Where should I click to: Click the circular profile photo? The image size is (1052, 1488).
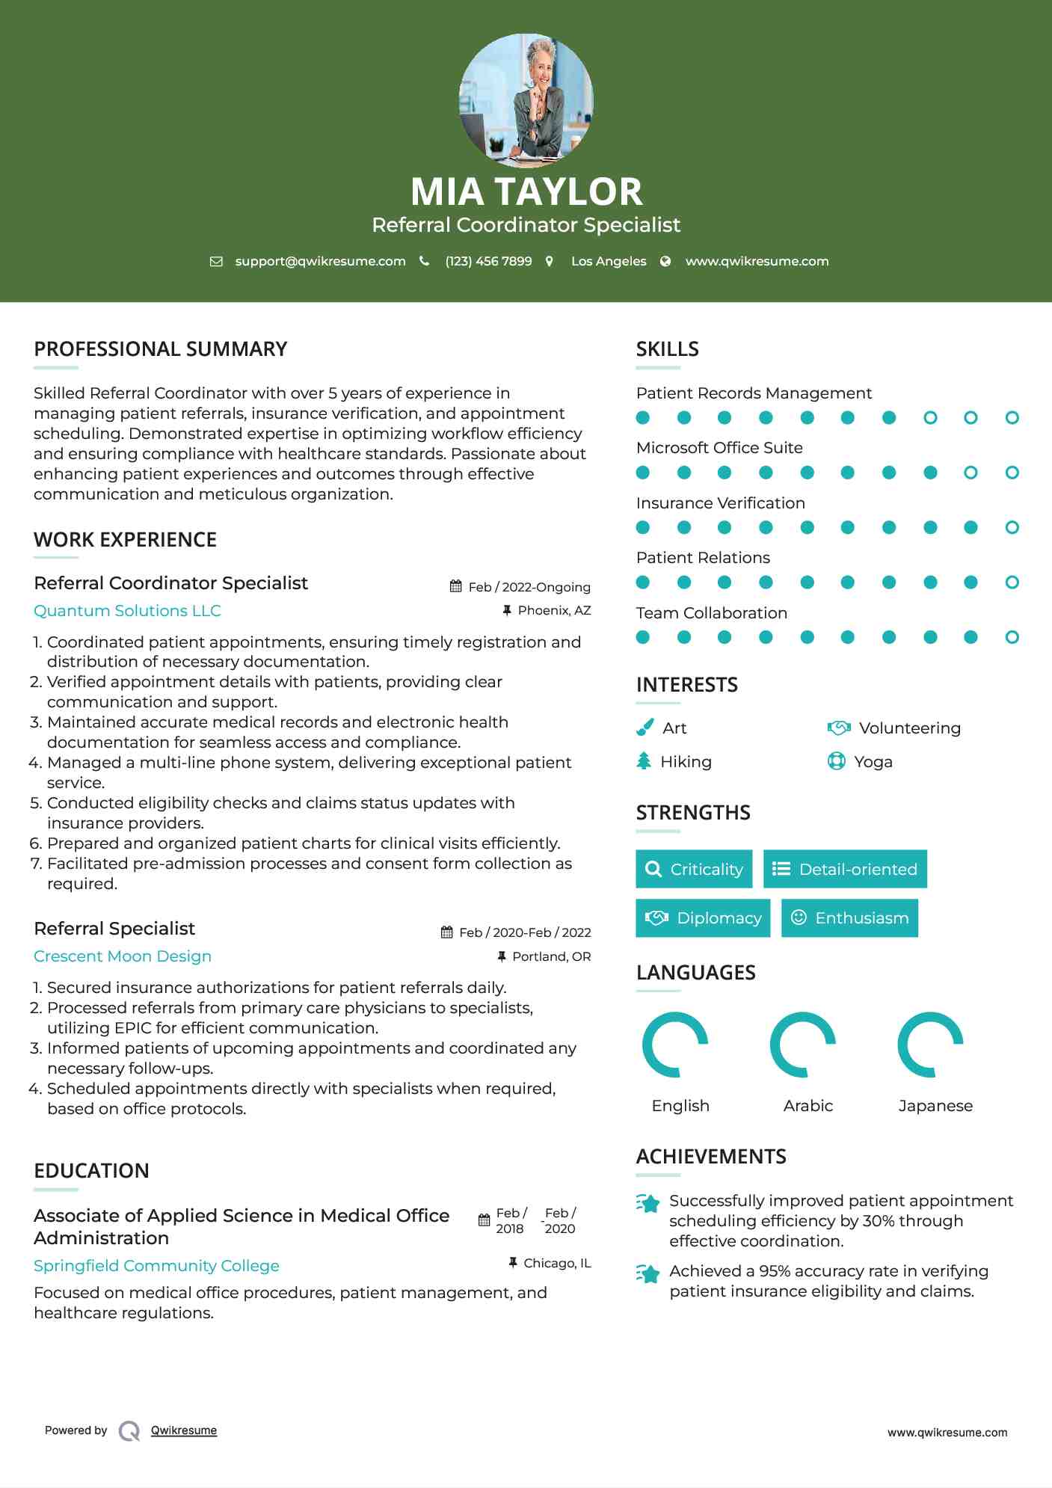tap(526, 100)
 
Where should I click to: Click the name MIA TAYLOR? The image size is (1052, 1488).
tap(526, 191)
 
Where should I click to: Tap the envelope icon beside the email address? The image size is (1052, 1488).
tap(216, 262)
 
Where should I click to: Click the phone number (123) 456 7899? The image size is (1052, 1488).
tap(488, 262)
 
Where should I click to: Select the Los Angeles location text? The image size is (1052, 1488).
tap(608, 262)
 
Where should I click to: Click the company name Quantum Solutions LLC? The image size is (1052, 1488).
tap(127, 611)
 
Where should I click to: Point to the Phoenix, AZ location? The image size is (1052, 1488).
tap(554, 611)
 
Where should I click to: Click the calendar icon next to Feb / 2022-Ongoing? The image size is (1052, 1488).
tap(455, 587)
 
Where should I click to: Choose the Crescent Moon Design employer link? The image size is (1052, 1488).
tap(123, 956)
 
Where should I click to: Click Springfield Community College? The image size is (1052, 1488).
tap(156, 1266)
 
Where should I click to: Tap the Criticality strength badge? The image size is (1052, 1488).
tap(694, 869)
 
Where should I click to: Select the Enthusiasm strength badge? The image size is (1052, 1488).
tap(849, 918)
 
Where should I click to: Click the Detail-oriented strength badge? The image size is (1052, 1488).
tap(845, 869)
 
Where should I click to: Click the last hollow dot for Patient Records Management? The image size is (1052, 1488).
tap(1012, 418)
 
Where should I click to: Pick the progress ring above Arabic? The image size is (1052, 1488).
tap(803, 1045)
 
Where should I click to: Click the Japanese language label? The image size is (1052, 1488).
tap(935, 1106)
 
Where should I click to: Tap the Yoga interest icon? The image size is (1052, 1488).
tap(836, 762)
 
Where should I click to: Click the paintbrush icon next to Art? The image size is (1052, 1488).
tap(645, 728)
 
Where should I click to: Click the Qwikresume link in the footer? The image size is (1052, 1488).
tap(184, 1430)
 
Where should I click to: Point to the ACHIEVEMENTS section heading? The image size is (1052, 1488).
tap(711, 1157)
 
